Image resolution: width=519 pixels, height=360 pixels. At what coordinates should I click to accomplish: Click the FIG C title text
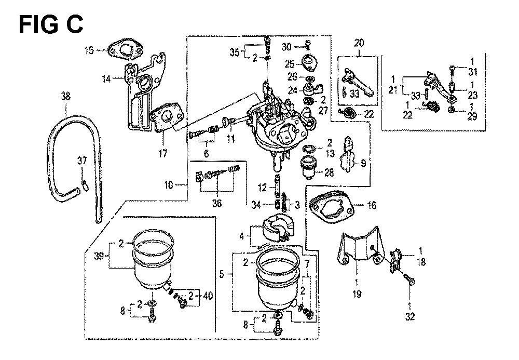50,24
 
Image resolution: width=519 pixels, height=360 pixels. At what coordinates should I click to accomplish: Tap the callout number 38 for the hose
65,96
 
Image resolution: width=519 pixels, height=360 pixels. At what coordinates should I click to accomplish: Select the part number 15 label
89,50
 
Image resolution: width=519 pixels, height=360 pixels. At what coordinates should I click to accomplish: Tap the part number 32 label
410,315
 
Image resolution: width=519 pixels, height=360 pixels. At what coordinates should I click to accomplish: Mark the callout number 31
472,72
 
